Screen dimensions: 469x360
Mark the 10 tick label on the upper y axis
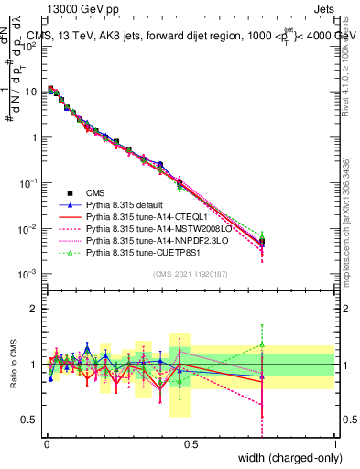pos(32,92)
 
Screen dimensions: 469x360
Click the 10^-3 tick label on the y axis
pos(30,274)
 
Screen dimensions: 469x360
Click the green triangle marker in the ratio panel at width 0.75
pos(262,344)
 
